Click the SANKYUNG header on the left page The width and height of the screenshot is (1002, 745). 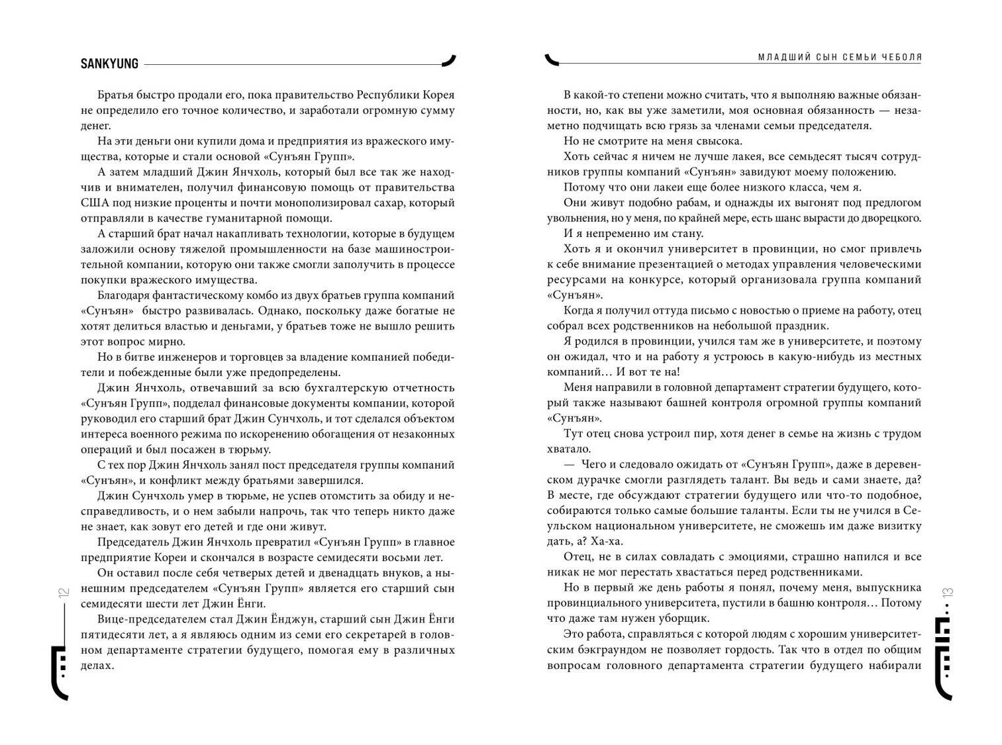click(109, 64)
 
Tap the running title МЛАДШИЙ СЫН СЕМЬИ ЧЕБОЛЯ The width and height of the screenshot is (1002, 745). click(840, 58)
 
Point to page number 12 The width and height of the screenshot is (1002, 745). click(64, 593)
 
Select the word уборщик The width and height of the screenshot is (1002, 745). click(685, 619)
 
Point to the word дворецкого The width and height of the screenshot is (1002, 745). click(890, 218)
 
